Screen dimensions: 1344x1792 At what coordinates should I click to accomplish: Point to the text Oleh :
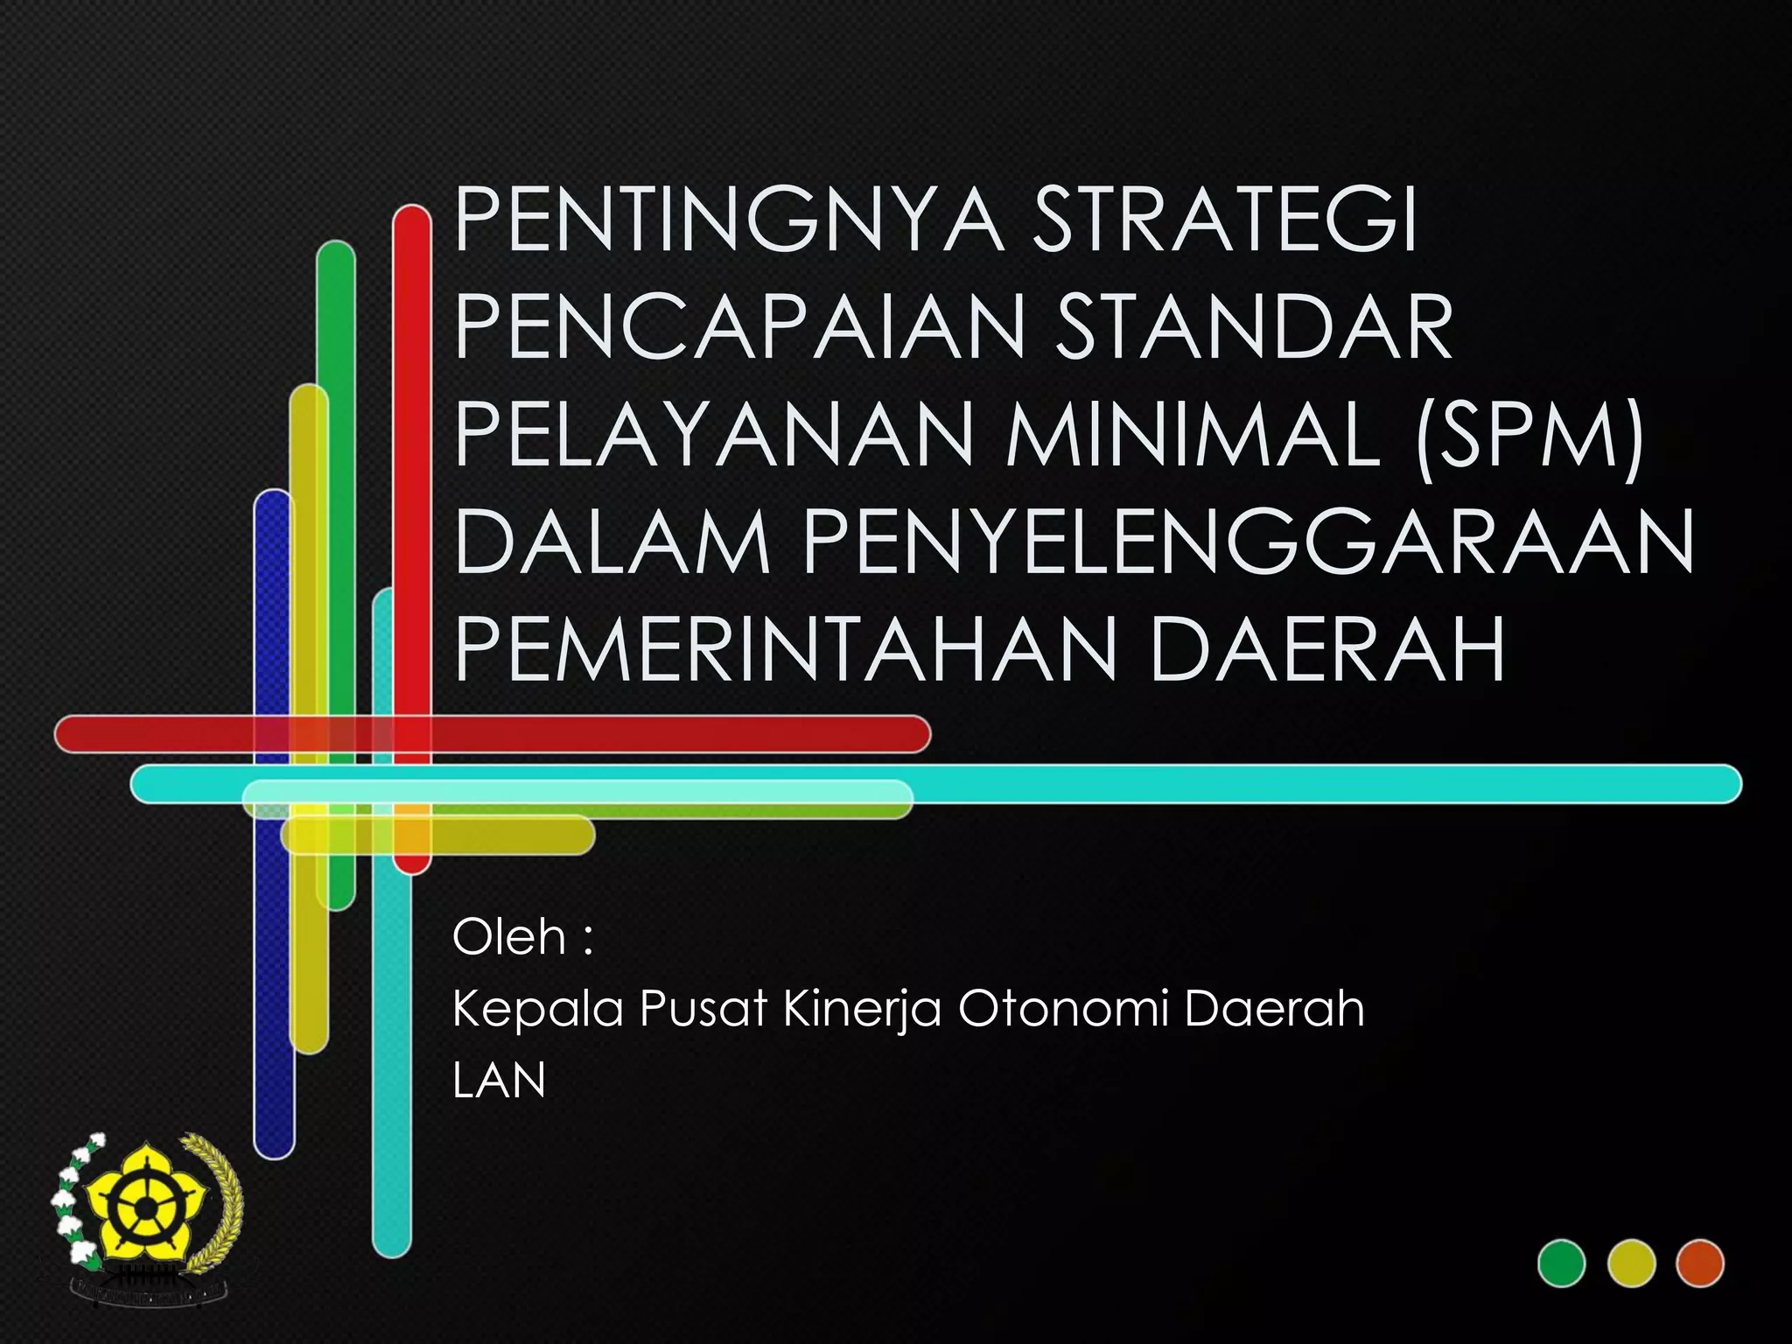522,938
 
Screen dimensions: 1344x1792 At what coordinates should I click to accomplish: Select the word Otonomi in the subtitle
1063,1010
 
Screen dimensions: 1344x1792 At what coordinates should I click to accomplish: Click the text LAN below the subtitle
499,1081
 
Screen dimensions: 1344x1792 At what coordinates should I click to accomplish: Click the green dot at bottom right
1562,1263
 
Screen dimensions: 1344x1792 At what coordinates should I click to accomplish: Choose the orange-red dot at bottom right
1700,1263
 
